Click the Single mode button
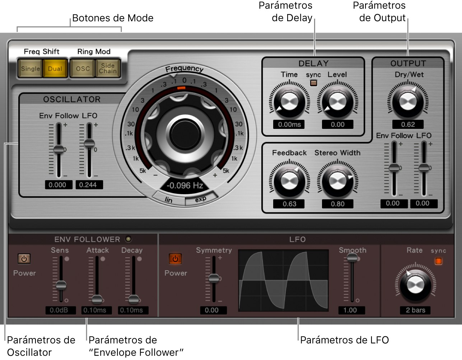click(31, 69)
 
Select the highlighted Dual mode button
click(55, 69)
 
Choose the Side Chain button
click(108, 69)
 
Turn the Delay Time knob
click(289, 102)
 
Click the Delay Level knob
click(337, 102)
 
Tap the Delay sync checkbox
click(313, 83)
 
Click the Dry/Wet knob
click(408, 102)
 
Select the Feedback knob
click(289, 181)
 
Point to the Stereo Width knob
click(337, 181)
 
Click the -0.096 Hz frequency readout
click(185, 186)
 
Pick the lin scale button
click(169, 200)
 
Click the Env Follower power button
click(24, 259)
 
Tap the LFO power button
click(175, 259)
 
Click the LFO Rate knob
click(415, 285)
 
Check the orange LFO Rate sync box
click(438, 261)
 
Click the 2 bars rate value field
click(415, 310)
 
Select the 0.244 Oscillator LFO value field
click(88, 185)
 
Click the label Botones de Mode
click(113, 18)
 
